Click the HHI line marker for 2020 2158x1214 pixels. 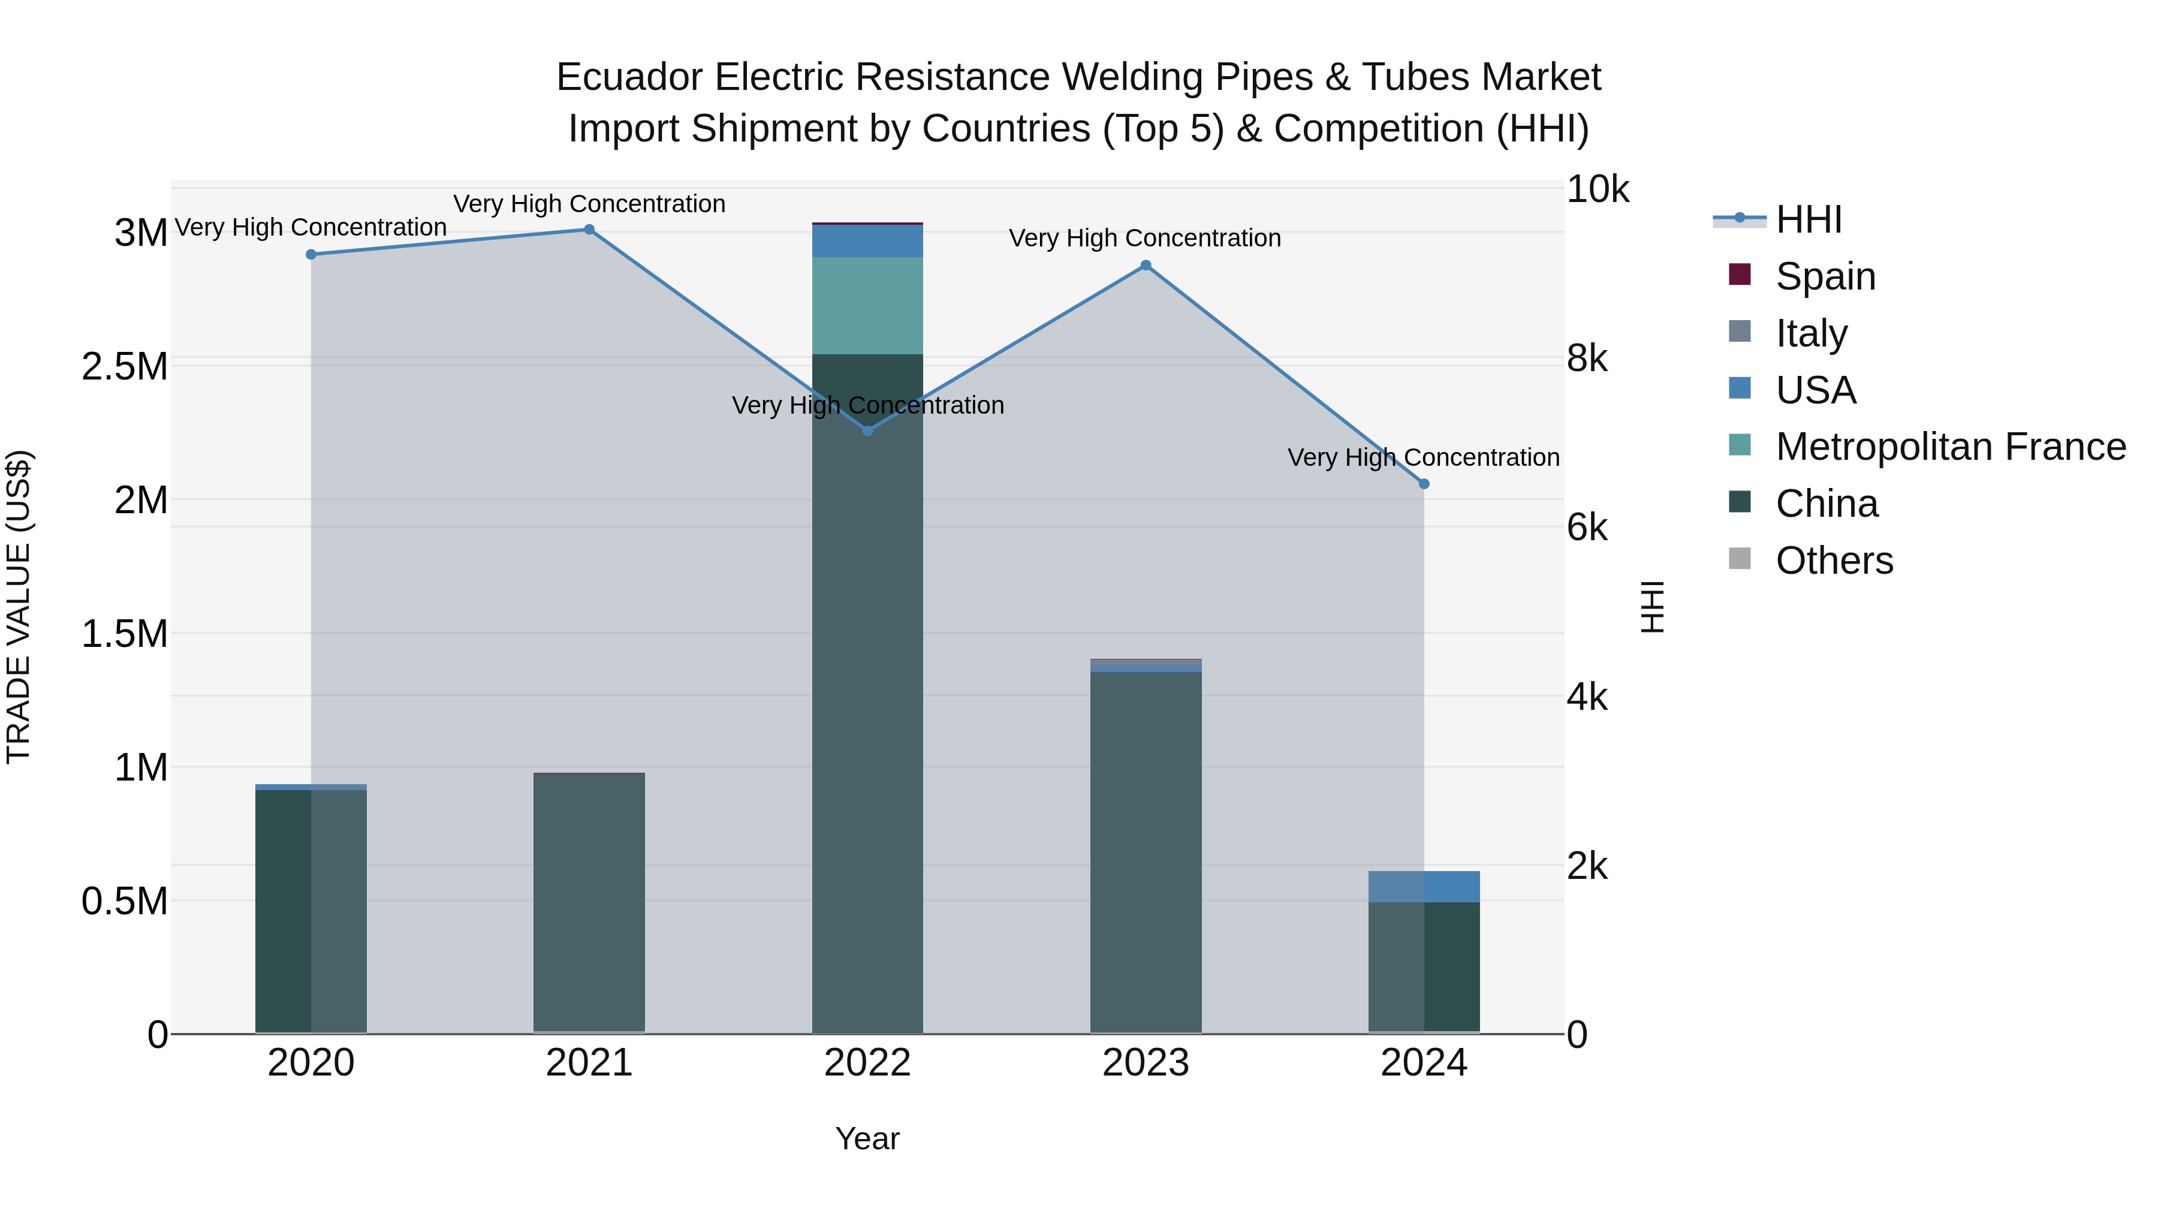tap(311, 255)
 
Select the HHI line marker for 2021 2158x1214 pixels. tap(589, 230)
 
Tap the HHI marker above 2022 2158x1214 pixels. tap(868, 430)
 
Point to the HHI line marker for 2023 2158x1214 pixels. tap(1146, 266)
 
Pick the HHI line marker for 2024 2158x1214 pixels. tap(1424, 484)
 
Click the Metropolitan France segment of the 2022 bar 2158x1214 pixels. tap(868, 306)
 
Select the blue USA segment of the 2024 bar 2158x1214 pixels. tap(1424, 887)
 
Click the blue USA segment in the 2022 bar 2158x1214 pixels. tap(868, 241)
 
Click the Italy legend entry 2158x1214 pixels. tap(1811, 333)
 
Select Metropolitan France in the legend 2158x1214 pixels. tap(1950, 447)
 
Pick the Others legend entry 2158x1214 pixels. tap(1834, 561)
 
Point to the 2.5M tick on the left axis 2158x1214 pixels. tap(125, 367)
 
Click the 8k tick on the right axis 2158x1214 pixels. tap(1587, 360)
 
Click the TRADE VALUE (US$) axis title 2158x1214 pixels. tap(19, 607)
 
